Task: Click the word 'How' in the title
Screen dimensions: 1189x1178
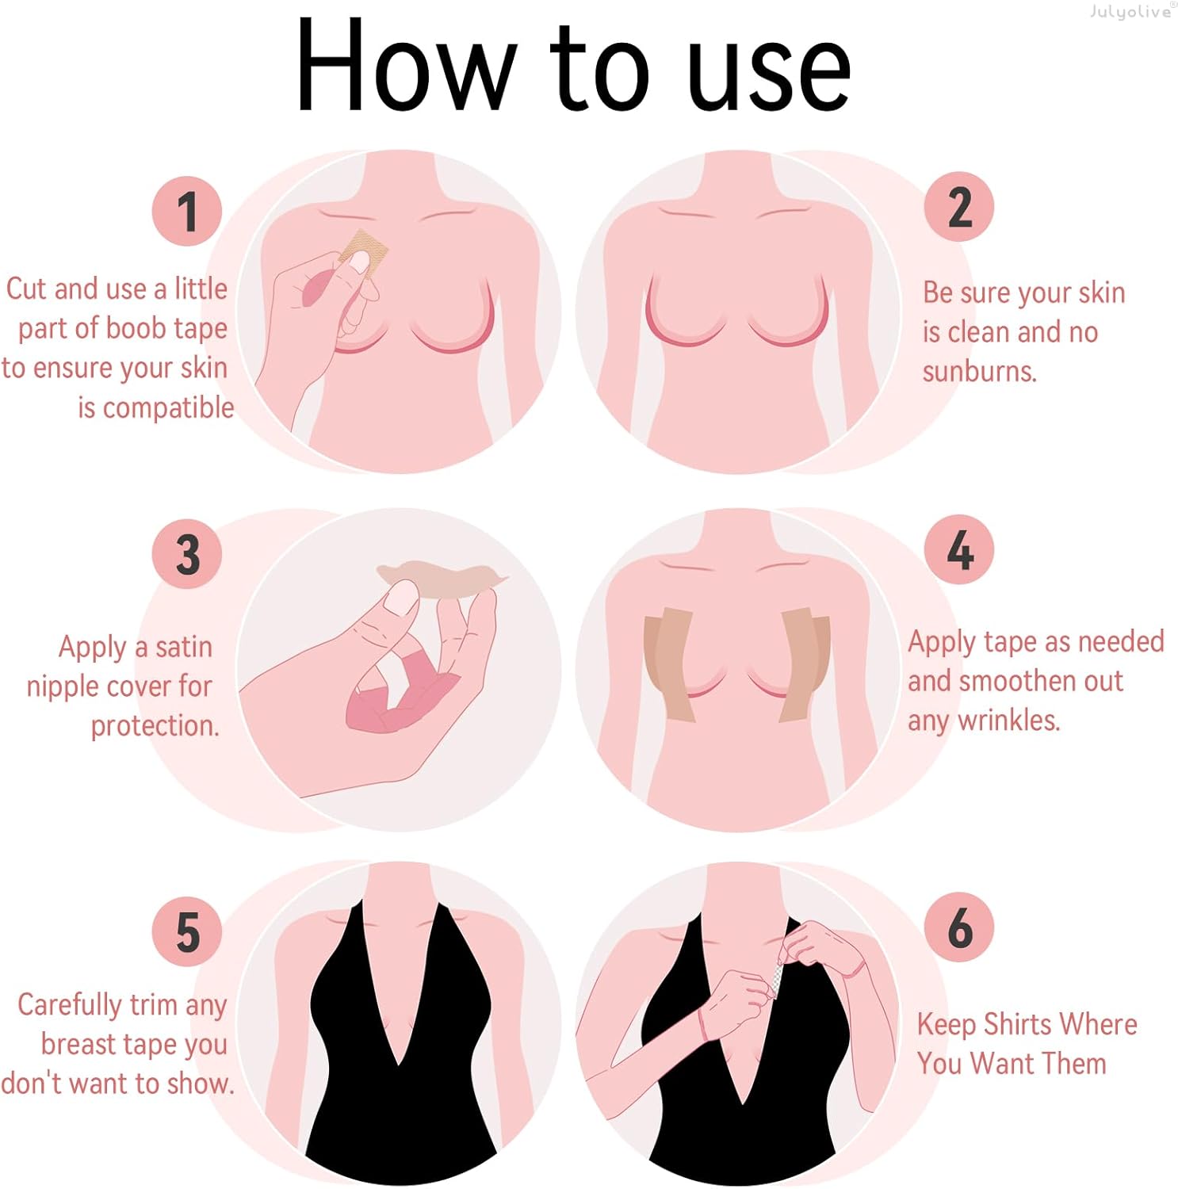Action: click(406, 67)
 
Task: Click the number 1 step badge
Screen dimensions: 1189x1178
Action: click(187, 211)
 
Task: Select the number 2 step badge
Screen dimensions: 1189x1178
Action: click(959, 207)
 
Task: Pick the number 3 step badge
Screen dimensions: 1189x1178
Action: click(187, 554)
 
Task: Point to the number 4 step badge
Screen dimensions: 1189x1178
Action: click(959, 549)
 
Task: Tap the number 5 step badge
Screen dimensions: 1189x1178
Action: click(187, 931)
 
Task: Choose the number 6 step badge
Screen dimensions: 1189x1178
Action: click(959, 927)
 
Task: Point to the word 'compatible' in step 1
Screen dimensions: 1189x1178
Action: click(155, 408)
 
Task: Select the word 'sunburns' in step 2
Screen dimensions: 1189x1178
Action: click(979, 371)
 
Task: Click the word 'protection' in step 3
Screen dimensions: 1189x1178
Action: click(155, 726)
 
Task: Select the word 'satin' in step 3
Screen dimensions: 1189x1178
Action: click(184, 648)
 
